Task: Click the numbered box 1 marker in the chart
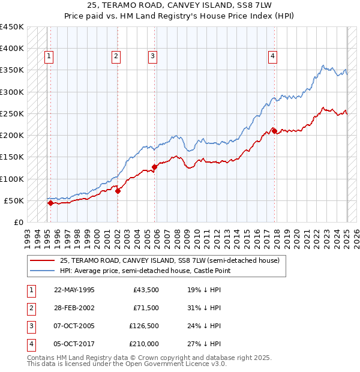coord(49,57)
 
